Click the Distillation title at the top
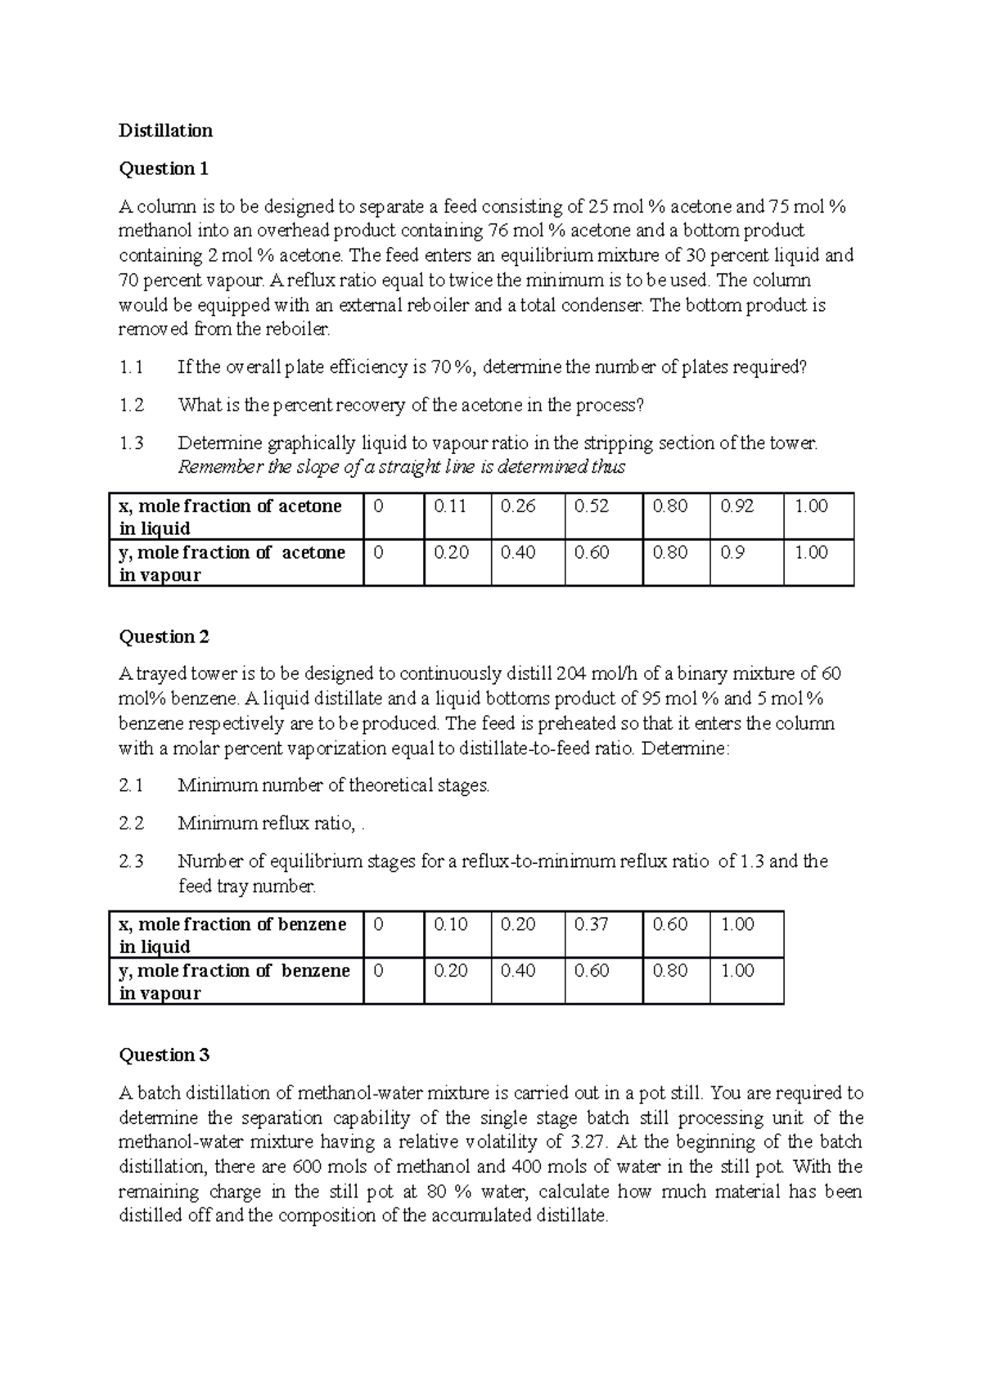(165, 130)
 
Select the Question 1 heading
(164, 169)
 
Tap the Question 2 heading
(164, 636)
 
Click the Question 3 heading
(164, 1054)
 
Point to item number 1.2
(131, 405)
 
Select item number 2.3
(131, 861)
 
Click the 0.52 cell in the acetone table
(591, 506)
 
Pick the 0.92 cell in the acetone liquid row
(736, 506)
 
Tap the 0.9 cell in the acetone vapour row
(732, 553)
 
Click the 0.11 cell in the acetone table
(450, 506)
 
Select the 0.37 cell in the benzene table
(591, 924)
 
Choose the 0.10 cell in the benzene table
(451, 924)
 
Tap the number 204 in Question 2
(571, 674)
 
